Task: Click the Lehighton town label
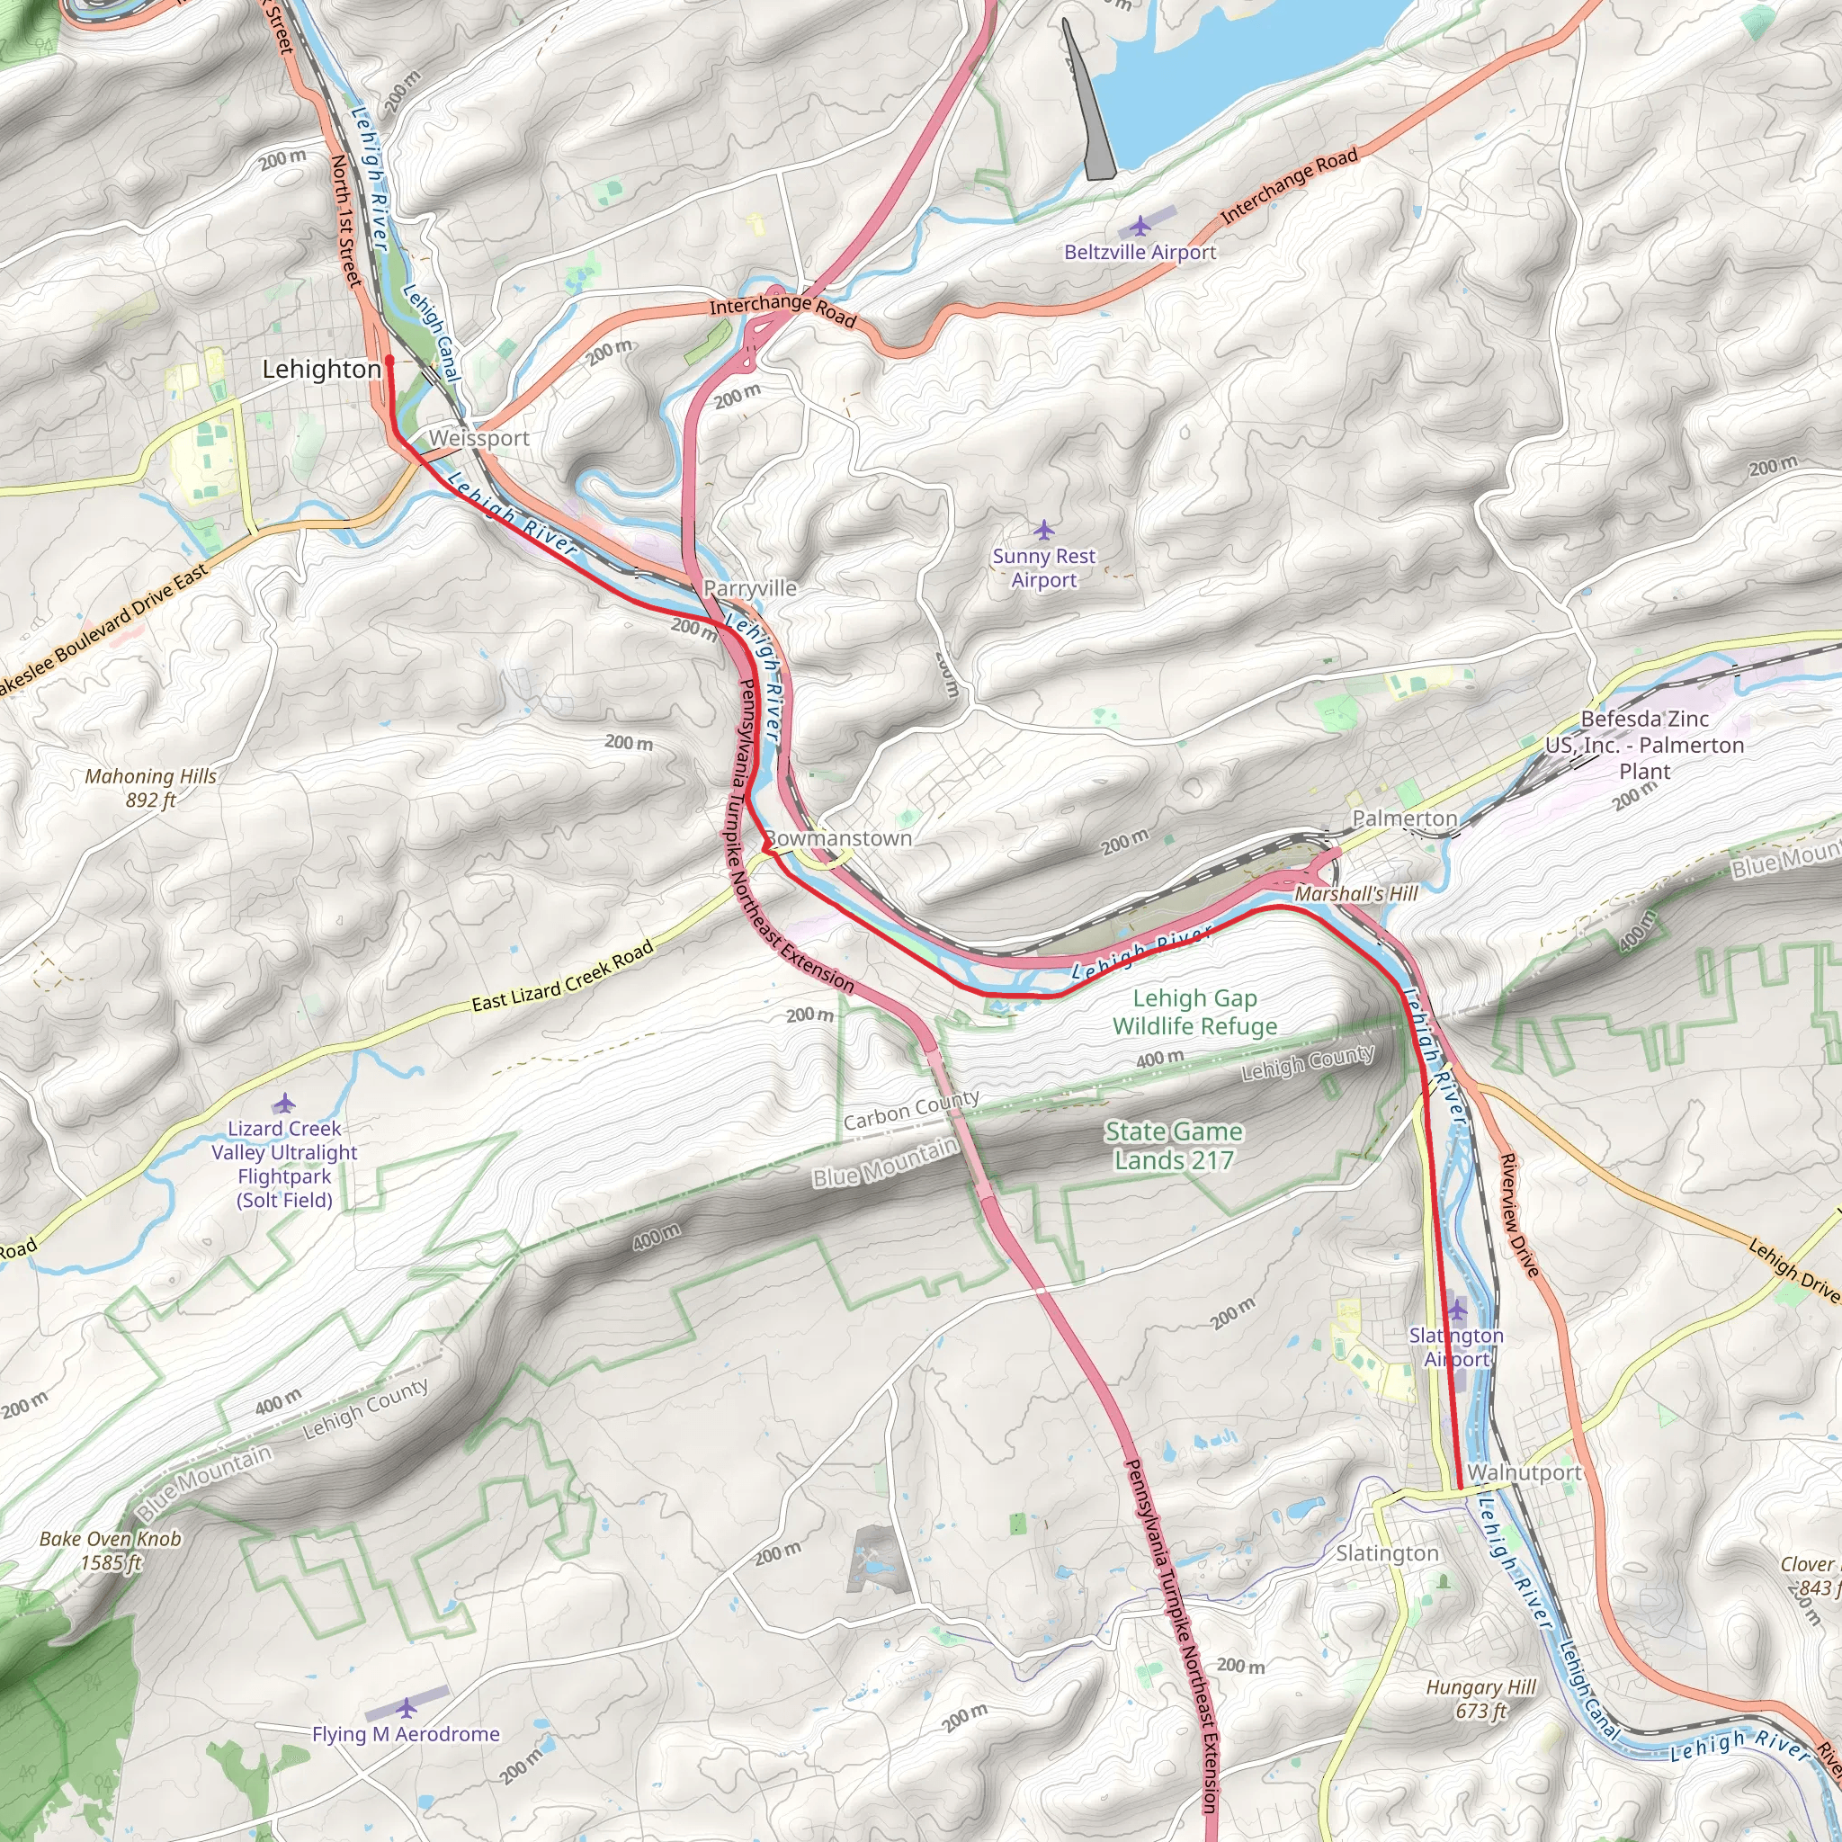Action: click(321, 369)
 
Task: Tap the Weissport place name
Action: click(478, 439)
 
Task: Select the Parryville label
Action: click(749, 588)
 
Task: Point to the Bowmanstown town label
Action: click(838, 838)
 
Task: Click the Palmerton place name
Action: click(1404, 818)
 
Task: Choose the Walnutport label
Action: click(1525, 1472)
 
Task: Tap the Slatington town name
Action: click(1386, 1553)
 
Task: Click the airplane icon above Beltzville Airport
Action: click(1140, 227)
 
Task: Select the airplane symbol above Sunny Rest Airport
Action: click(1044, 530)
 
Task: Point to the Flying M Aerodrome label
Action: click(407, 1734)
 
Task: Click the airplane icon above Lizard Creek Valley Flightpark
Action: click(284, 1104)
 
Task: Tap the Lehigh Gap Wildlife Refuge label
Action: click(1194, 1012)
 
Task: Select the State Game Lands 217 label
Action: click(1174, 1145)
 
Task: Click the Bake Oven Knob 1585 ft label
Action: click(111, 1551)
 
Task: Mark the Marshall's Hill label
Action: click(1355, 893)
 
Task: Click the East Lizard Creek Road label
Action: click(562, 976)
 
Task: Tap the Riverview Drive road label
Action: click(1520, 1214)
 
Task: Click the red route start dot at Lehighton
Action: click(389, 361)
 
